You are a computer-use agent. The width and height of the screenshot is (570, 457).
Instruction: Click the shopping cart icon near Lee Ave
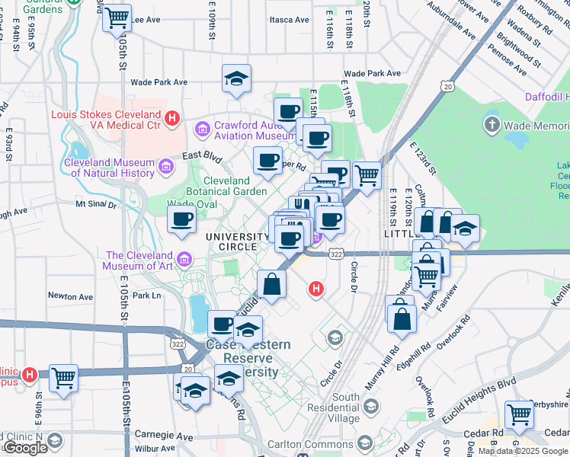tap(117, 17)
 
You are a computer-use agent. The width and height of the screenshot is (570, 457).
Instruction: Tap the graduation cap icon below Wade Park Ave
tap(237, 78)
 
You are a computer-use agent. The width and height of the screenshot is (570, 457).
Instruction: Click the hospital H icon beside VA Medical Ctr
tap(173, 118)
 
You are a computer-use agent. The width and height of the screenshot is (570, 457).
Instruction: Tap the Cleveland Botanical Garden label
tap(226, 186)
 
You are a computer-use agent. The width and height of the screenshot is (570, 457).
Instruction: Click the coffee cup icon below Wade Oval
tap(182, 221)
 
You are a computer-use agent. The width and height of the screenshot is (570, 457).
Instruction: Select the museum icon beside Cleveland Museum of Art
tap(184, 261)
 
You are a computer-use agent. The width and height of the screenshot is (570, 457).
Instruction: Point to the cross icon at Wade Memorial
tap(492, 123)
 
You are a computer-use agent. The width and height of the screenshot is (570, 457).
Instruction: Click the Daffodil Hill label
tap(547, 97)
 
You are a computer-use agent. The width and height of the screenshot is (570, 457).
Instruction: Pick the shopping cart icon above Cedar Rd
tap(519, 415)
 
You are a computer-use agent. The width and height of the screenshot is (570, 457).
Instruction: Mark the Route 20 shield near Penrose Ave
tap(447, 87)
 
